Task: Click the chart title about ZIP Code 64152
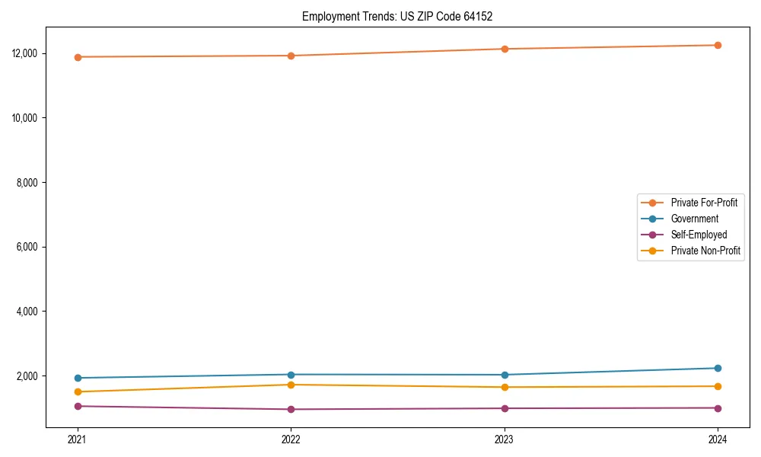pyautogui.click(x=397, y=16)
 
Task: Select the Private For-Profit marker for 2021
pyautogui.click(x=78, y=57)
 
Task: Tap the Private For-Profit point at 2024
pyautogui.click(x=718, y=45)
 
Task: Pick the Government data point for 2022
pyautogui.click(x=291, y=374)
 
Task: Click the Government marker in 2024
pyautogui.click(x=718, y=368)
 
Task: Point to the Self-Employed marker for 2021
pyautogui.click(x=78, y=406)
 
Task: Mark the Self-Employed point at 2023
pyautogui.click(x=505, y=408)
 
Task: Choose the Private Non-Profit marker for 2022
pyautogui.click(x=291, y=385)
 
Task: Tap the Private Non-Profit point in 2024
pyautogui.click(x=718, y=386)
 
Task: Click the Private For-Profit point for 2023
pyautogui.click(x=505, y=49)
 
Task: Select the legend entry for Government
pyautogui.click(x=694, y=219)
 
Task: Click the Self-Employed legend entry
pyautogui.click(x=699, y=235)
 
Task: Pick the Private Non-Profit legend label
pyautogui.click(x=705, y=251)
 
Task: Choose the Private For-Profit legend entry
pyautogui.click(x=704, y=203)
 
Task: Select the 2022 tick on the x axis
pyautogui.click(x=291, y=439)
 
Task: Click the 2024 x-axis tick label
pyautogui.click(x=718, y=439)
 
